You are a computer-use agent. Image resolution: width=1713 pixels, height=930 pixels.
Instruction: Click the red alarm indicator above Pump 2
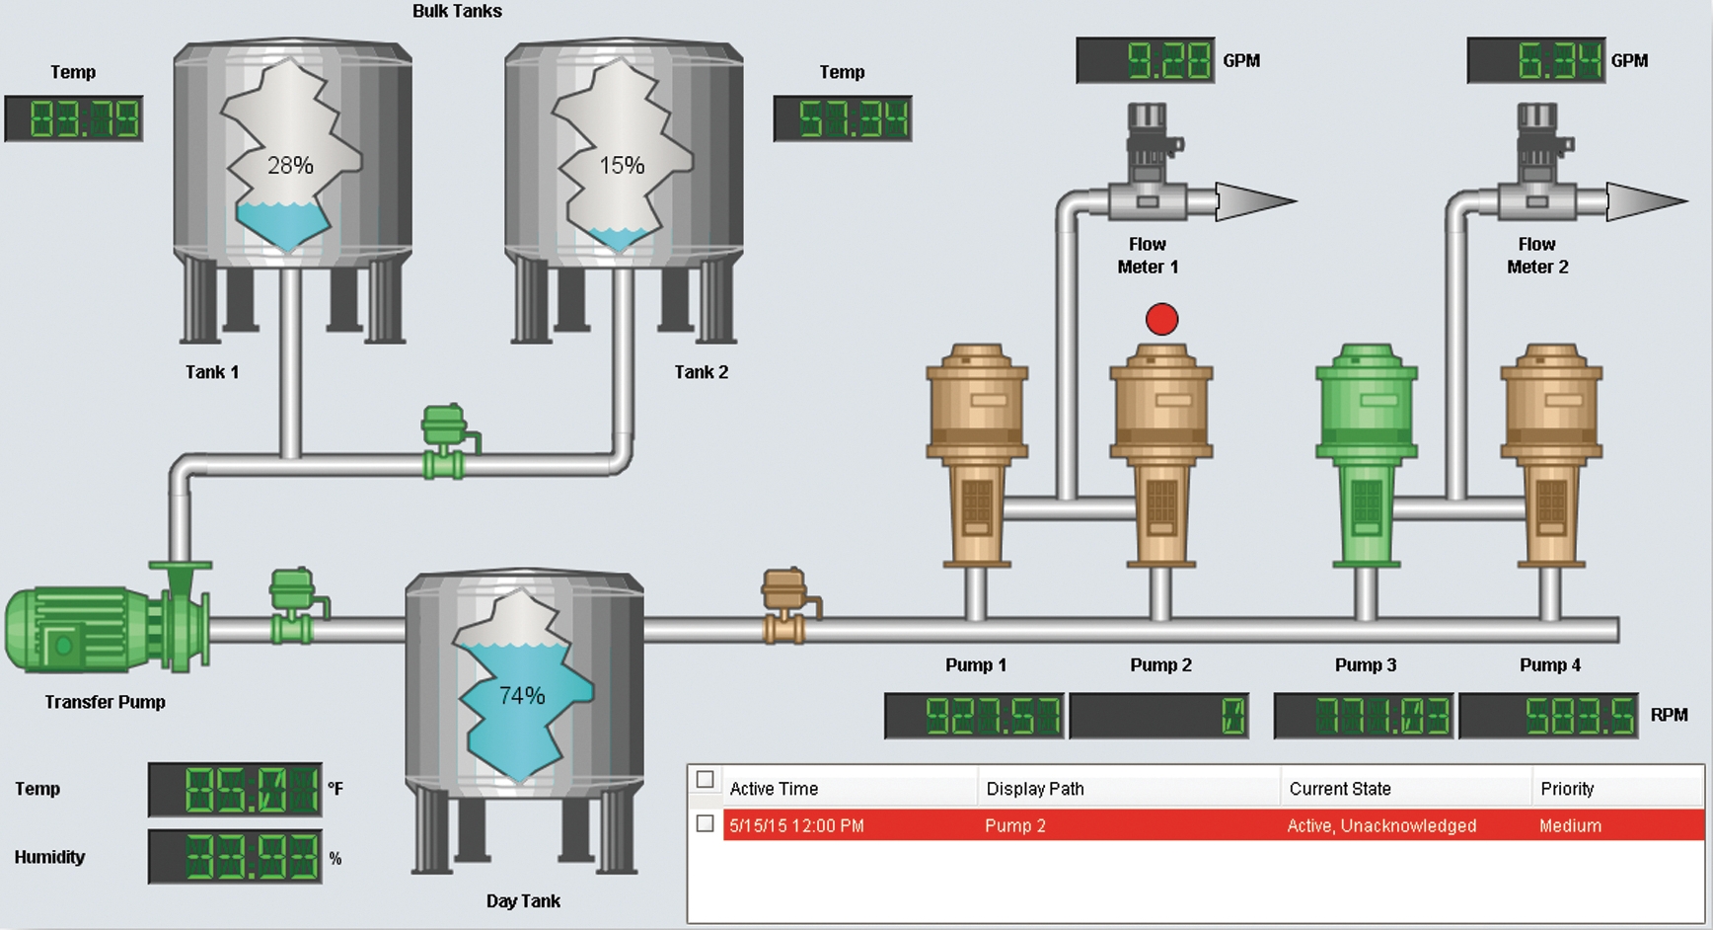[1161, 319]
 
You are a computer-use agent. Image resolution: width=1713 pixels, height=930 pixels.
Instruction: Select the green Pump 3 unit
[1366, 455]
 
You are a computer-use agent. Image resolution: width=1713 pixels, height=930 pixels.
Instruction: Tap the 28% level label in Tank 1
[290, 165]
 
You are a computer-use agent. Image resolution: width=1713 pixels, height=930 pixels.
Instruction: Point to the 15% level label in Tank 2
[622, 165]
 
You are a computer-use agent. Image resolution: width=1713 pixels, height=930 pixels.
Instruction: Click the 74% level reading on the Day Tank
[522, 696]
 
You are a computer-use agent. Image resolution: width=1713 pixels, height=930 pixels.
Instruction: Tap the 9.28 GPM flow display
[1146, 60]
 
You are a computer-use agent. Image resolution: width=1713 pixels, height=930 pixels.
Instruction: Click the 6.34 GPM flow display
[1536, 60]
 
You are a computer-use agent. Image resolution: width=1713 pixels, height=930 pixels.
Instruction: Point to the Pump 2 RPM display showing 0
[1158, 716]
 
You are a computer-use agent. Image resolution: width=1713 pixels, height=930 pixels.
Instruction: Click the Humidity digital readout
[235, 856]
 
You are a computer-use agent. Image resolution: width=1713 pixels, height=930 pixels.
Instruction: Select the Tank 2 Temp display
[843, 118]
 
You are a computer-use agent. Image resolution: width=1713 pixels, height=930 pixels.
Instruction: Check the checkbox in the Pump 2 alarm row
[705, 823]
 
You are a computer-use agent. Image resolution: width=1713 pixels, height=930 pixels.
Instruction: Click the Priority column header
[1567, 789]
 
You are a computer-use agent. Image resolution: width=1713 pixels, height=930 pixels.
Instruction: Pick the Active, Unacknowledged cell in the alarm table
[1381, 825]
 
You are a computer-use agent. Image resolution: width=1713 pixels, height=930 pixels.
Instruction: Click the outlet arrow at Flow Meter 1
[1256, 201]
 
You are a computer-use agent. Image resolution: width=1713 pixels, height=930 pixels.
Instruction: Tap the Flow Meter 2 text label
[1537, 255]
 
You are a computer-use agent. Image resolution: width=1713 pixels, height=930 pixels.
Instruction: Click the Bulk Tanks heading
[457, 11]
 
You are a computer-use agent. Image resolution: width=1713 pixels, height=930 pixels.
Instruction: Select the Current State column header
[1340, 789]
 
